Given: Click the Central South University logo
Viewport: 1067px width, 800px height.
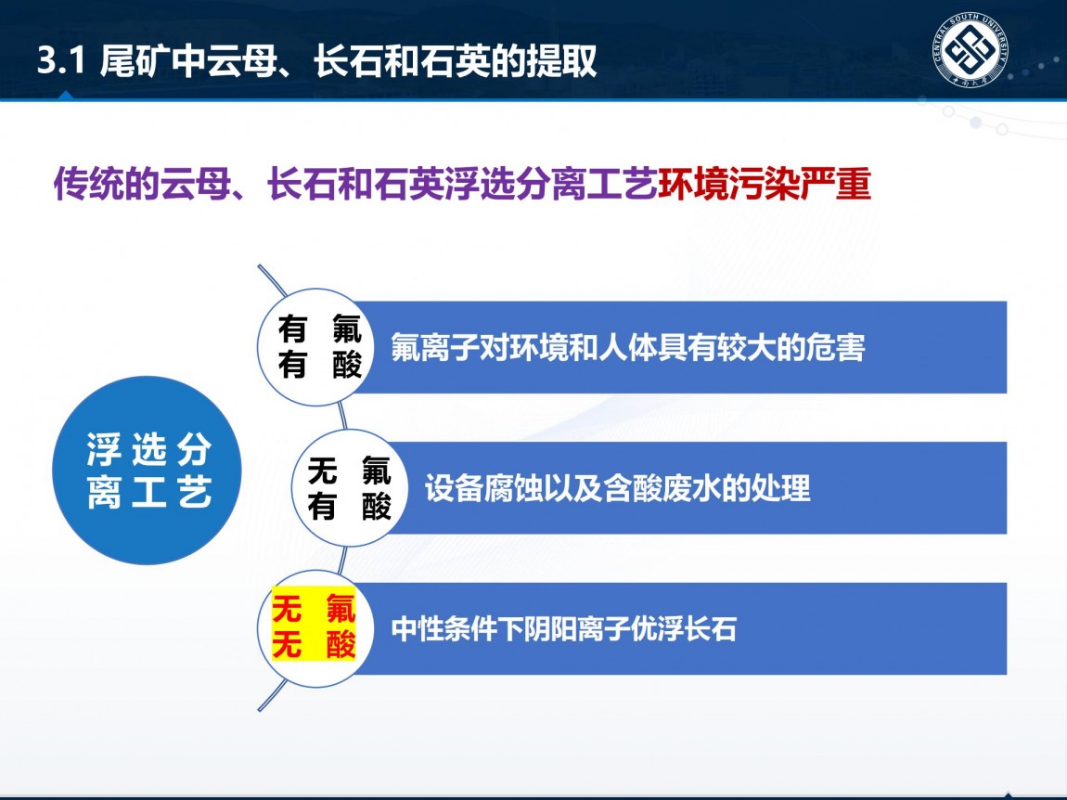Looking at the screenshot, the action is pos(971,50).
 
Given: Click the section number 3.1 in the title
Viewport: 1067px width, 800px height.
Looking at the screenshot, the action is pos(61,61).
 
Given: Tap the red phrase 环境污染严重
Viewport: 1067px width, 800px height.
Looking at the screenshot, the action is pos(765,183).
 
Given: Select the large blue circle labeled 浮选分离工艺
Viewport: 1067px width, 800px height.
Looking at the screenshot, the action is pos(147,470).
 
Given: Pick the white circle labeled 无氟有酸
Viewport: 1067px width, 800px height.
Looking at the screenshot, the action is pos(349,487).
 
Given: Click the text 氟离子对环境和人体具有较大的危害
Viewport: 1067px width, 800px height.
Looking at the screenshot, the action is pos(627,347).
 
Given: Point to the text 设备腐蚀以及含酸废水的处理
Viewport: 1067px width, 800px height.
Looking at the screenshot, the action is pos(617,488).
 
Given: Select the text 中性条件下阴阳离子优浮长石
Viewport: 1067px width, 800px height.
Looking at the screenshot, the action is pos(564,628).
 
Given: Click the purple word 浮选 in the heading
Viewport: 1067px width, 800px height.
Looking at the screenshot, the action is pos(481,183).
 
